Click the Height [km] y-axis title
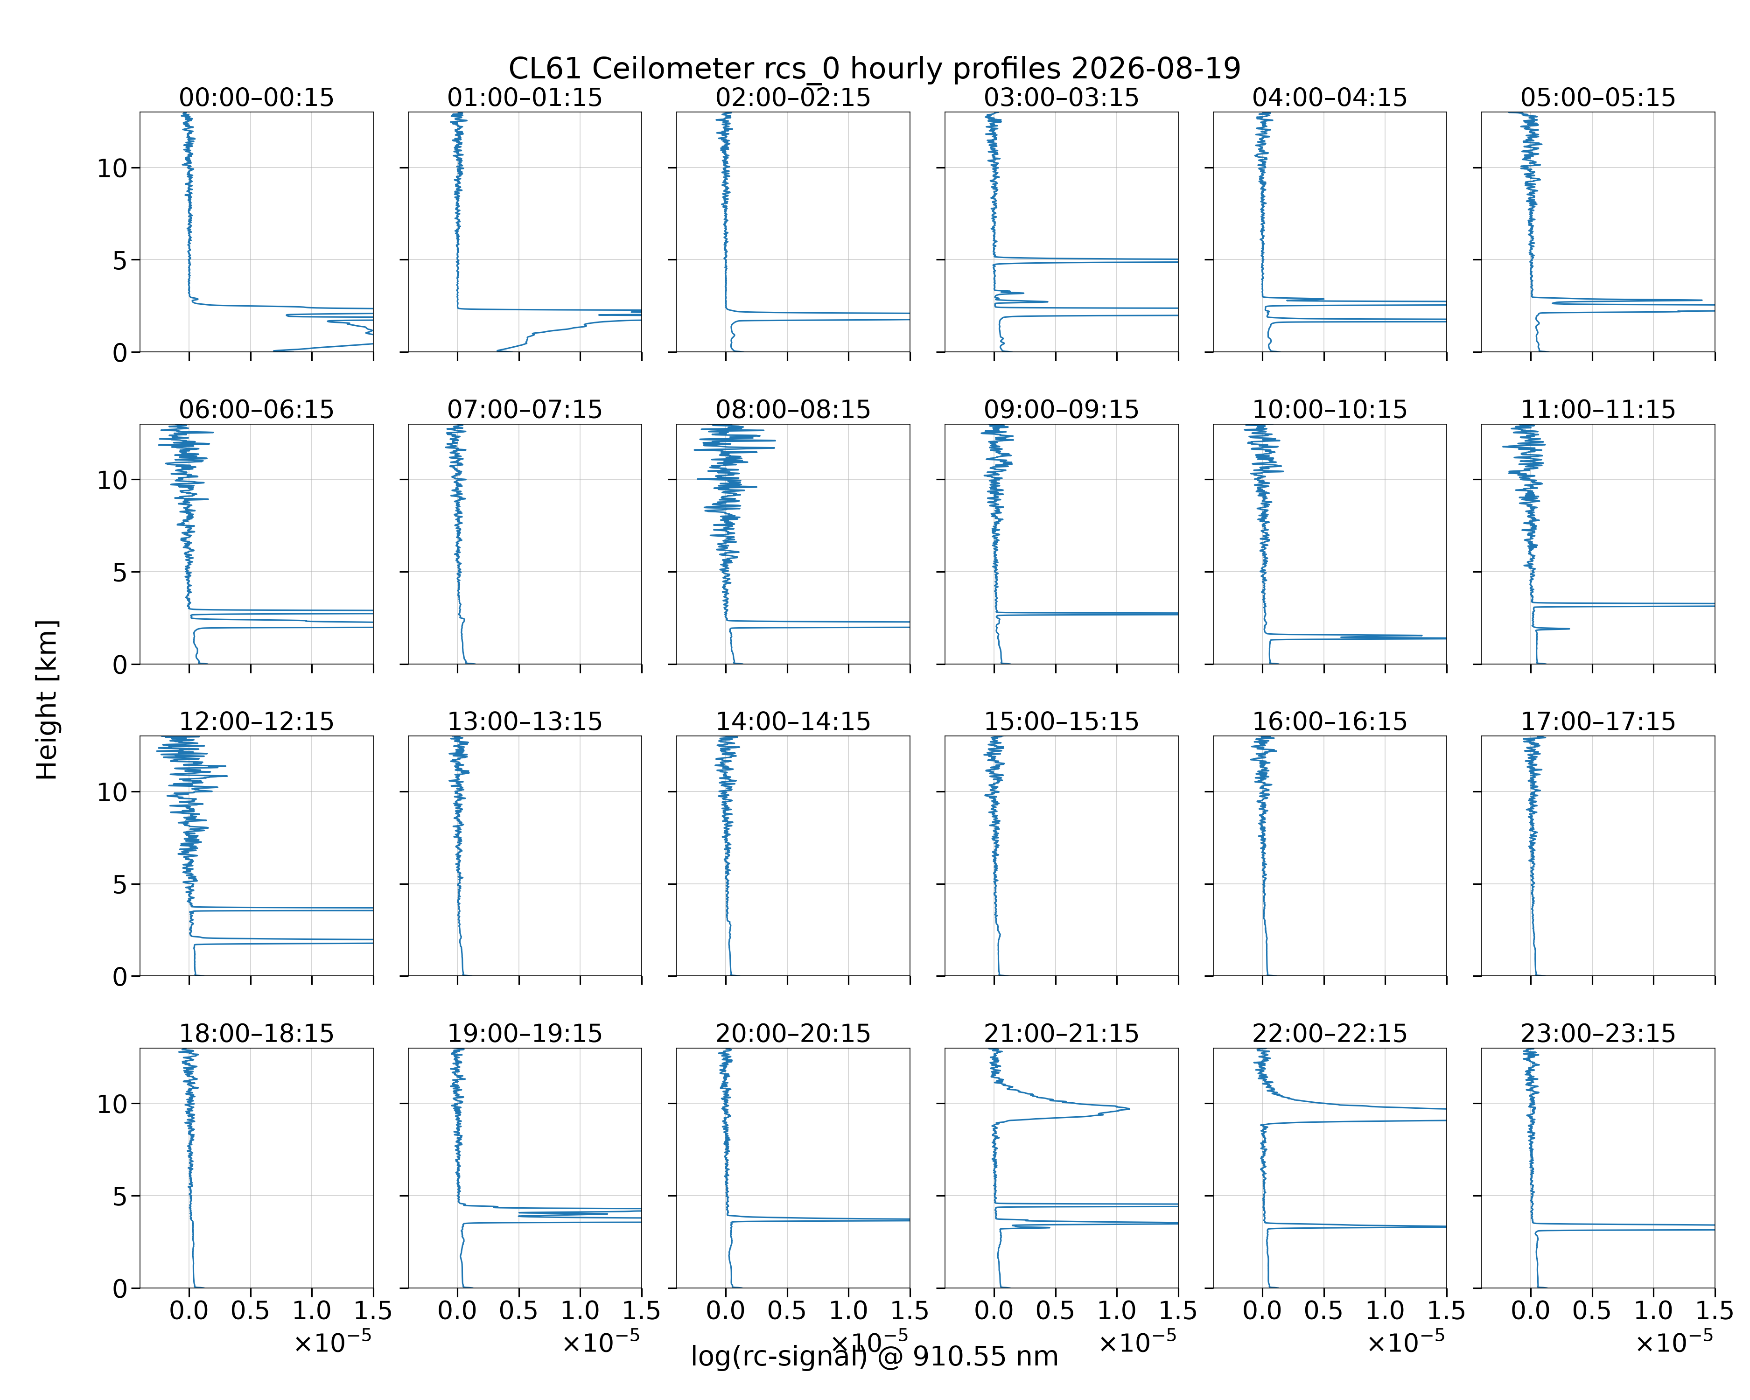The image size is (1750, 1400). pyautogui.click(x=47, y=700)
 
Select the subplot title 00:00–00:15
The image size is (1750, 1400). pyautogui.click(x=257, y=98)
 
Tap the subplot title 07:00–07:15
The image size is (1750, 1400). pyautogui.click(x=525, y=409)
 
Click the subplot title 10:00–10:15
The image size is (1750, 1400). pyautogui.click(x=1330, y=409)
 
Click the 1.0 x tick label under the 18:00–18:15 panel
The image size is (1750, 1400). pyautogui.click(x=312, y=1311)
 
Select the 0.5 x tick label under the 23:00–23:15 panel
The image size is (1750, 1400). pyautogui.click(x=1592, y=1311)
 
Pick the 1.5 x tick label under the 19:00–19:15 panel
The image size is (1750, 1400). pyautogui.click(x=641, y=1311)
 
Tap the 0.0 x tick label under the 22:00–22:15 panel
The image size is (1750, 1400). pyautogui.click(x=1262, y=1311)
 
